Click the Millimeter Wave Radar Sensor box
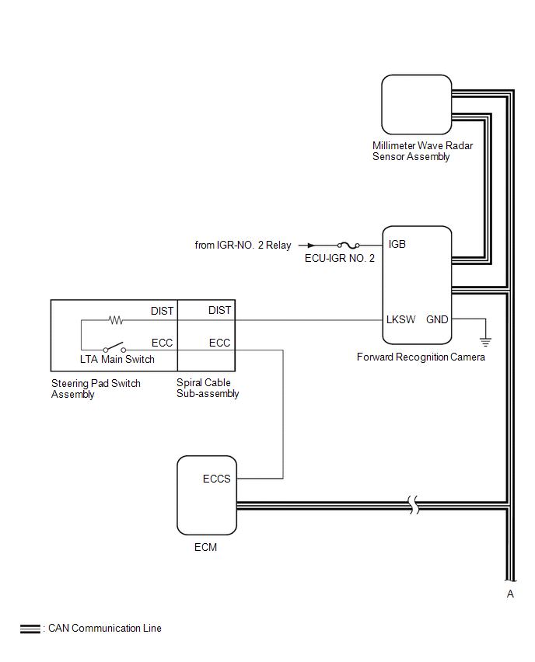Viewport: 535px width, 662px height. [x=416, y=104]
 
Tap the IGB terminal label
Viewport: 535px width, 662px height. [x=397, y=244]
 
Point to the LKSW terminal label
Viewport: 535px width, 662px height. [x=401, y=319]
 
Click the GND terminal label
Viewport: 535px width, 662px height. [x=437, y=319]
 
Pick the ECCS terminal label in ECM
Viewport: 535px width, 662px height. [x=217, y=479]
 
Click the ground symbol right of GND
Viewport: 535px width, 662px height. [x=486, y=340]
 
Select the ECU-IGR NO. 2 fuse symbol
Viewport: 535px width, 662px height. [x=348, y=245]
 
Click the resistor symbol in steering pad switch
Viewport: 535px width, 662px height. [x=116, y=319]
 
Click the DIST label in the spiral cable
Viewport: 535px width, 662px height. [x=220, y=311]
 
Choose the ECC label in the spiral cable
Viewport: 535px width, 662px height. [x=220, y=343]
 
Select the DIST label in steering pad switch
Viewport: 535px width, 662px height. [x=163, y=311]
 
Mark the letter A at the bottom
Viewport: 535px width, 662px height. [x=510, y=594]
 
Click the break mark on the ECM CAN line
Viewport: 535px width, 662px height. [x=416, y=505]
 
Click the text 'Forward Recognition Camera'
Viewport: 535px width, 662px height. [x=421, y=357]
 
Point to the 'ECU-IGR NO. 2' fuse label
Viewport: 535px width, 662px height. [x=340, y=258]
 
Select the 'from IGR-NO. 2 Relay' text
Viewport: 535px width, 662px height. [x=243, y=246]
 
